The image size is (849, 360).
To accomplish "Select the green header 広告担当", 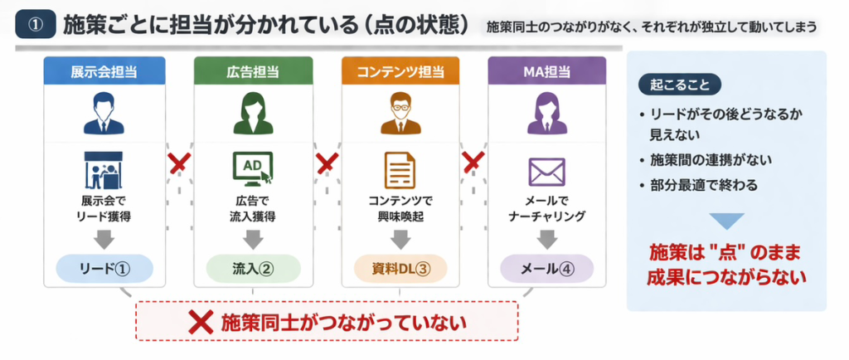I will [253, 71].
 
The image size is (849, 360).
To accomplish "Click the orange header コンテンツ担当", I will [400, 71].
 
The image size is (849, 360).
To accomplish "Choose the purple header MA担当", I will [547, 71].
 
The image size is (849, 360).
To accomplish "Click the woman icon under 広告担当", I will [253, 114].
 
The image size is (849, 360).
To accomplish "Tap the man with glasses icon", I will [400, 114].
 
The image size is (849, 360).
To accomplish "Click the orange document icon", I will [400, 171].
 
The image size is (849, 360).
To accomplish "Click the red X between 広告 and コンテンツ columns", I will [327, 162].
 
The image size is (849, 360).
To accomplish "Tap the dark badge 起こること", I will [678, 85].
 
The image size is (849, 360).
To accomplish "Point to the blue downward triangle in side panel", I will [726, 221].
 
